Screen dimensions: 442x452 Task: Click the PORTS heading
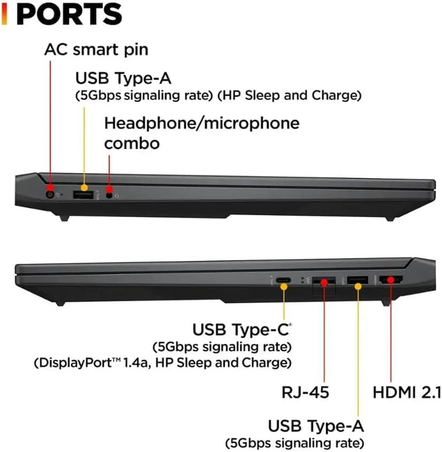(x=70, y=15)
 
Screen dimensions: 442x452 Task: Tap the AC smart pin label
(x=97, y=50)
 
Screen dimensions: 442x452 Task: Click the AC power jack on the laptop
(x=51, y=195)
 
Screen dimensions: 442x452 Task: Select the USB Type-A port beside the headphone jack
(x=84, y=195)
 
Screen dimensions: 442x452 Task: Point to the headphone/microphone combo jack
(x=109, y=195)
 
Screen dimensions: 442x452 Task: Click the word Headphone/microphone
(x=202, y=124)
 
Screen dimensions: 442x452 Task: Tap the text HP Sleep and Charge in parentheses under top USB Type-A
(x=289, y=95)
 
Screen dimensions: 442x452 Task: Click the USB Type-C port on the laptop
(x=283, y=280)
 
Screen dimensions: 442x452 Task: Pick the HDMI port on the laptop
(x=391, y=280)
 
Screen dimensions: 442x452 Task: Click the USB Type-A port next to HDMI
(x=357, y=280)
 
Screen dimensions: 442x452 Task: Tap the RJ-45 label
(x=305, y=393)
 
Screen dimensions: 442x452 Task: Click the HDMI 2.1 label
(x=407, y=393)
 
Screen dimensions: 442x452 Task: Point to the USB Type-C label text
(x=241, y=330)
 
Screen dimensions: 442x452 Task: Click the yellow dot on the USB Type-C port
(x=284, y=287)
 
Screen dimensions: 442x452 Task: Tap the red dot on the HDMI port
(x=391, y=280)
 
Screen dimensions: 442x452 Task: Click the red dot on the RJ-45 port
(x=324, y=282)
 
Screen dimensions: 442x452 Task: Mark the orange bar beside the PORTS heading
(x=4, y=15)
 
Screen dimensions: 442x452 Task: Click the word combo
(x=132, y=143)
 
